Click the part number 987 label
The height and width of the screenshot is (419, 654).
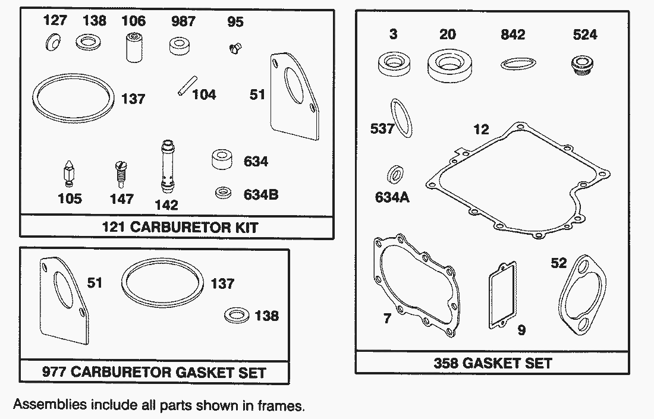(183, 21)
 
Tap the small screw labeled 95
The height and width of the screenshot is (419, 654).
(235, 49)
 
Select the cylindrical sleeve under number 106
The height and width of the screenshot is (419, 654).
(134, 48)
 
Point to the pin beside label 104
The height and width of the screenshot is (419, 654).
(187, 86)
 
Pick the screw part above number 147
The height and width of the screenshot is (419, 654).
(121, 175)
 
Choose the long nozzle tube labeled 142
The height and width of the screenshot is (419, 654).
(167, 166)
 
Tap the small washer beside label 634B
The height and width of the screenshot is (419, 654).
(224, 193)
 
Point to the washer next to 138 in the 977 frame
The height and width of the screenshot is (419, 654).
(237, 316)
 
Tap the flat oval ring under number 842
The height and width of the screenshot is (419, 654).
(518, 64)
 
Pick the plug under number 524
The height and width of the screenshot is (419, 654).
(582, 65)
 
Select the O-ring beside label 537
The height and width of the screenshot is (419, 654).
(402, 118)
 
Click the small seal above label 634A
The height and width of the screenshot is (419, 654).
(395, 174)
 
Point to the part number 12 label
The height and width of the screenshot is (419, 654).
(481, 129)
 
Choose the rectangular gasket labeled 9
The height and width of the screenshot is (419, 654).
(502, 295)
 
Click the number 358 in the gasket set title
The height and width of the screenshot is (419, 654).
(446, 363)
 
